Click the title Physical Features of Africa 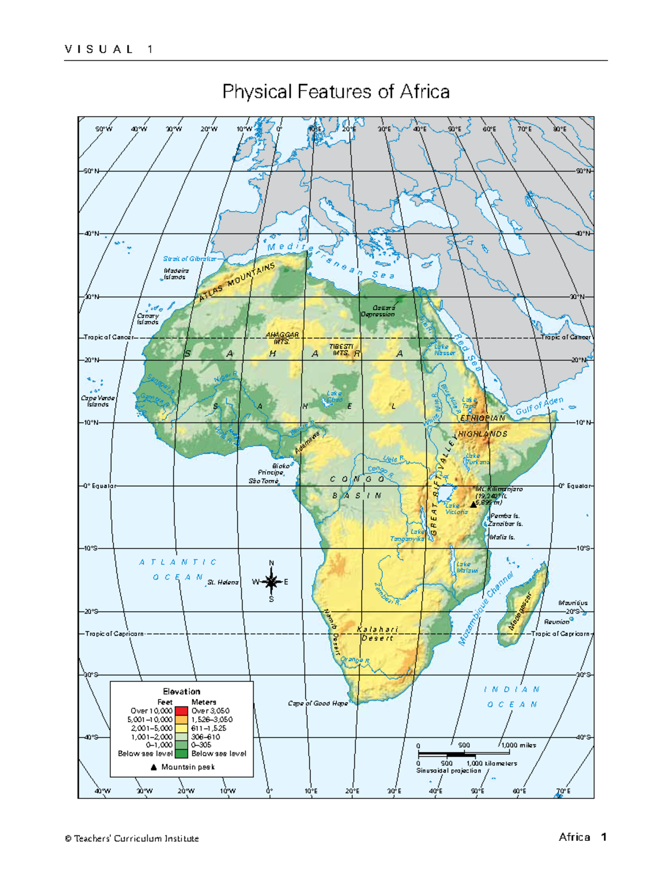click(x=336, y=91)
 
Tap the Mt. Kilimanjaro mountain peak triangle click(x=473, y=504)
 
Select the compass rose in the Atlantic click(x=272, y=581)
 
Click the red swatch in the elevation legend click(x=181, y=711)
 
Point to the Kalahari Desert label click(x=377, y=634)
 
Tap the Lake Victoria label click(x=456, y=509)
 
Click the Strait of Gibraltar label click(x=189, y=259)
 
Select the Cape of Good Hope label click(x=318, y=703)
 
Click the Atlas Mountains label click(x=237, y=282)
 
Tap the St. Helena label click(x=223, y=583)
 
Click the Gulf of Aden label click(x=539, y=406)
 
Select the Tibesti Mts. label click(x=341, y=350)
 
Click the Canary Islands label click(x=148, y=319)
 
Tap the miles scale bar click(x=463, y=753)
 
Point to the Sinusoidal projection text click(x=449, y=771)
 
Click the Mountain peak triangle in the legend click(x=153, y=767)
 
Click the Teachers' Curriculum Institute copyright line click(x=132, y=839)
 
